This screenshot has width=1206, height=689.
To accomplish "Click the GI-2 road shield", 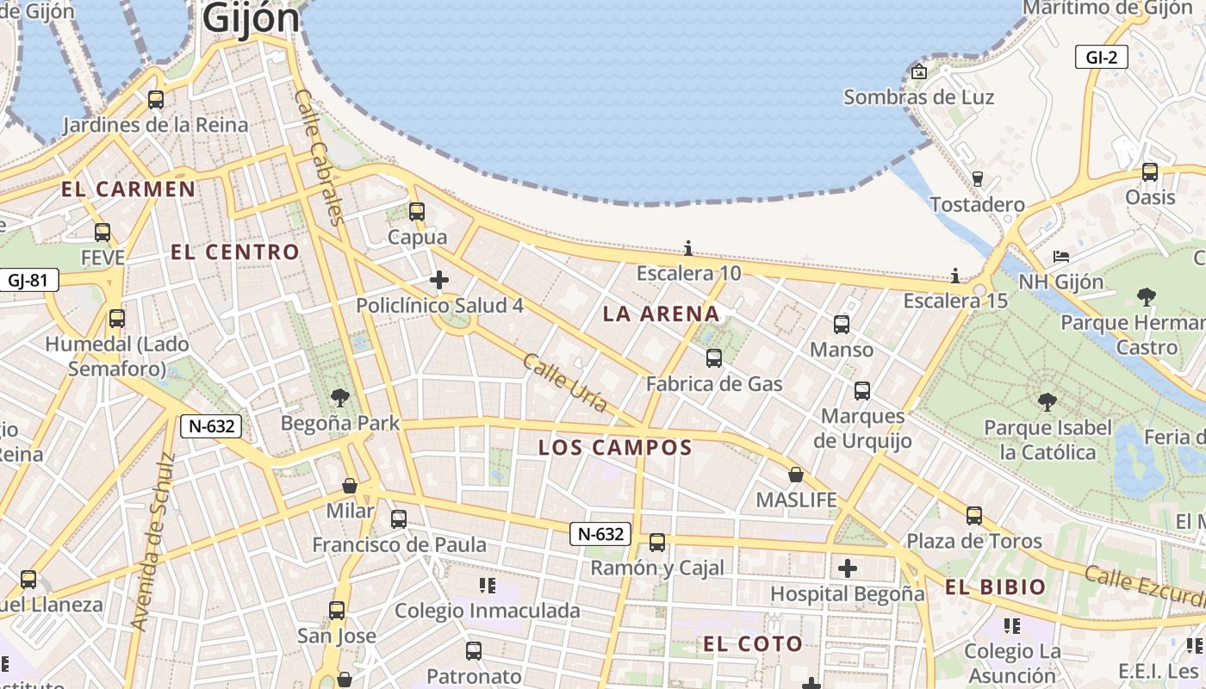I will [x=1102, y=58].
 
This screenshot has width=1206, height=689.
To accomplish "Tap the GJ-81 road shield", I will [x=29, y=280].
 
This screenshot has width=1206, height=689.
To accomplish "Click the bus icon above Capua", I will [x=417, y=212].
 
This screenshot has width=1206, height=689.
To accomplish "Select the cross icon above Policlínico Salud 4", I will [x=439, y=280].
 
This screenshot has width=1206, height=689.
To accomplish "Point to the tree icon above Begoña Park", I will [x=340, y=398].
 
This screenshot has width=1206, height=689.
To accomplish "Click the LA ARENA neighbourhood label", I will [x=661, y=313].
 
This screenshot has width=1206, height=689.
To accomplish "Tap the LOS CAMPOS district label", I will [x=615, y=448].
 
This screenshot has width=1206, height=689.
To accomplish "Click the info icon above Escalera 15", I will [x=954, y=276].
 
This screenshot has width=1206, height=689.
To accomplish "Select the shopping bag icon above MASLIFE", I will [x=796, y=475].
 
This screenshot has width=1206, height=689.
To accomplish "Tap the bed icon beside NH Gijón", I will [x=1061, y=258].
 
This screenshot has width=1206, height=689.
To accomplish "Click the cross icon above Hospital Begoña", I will [x=848, y=568].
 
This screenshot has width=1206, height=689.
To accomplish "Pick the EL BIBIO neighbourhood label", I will [x=995, y=587].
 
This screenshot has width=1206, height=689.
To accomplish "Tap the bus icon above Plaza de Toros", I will [x=973, y=516].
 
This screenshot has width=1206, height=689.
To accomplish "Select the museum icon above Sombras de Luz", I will [x=919, y=71].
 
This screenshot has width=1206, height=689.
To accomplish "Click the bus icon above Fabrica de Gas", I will [x=714, y=358].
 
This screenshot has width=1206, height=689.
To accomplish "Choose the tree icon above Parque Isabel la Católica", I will [x=1047, y=402].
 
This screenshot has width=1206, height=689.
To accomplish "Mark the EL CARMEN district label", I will [x=128, y=189].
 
